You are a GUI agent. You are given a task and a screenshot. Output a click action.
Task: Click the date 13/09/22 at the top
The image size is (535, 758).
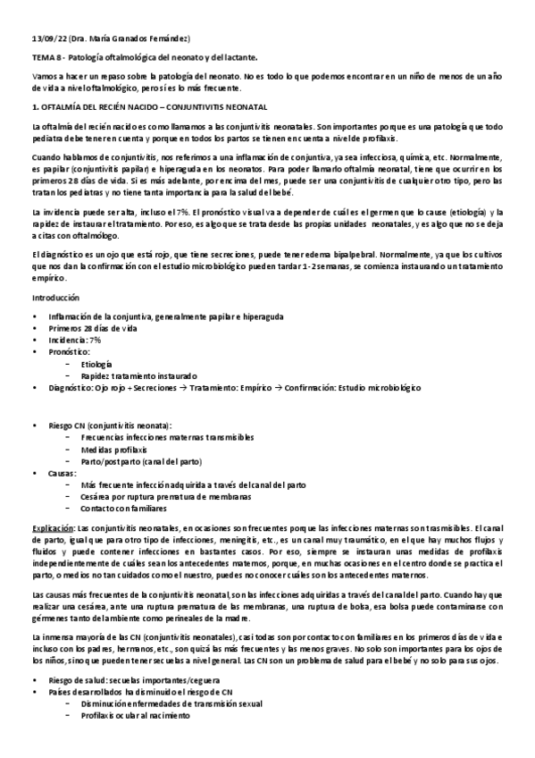[47, 37]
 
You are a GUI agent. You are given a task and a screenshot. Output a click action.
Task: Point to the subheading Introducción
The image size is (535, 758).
[55, 297]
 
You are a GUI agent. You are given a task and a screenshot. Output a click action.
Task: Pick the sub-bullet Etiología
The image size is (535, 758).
[96, 365]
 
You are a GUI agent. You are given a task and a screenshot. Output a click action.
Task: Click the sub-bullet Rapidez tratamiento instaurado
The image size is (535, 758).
[138, 376]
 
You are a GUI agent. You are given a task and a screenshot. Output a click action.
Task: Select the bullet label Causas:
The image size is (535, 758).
[63, 472]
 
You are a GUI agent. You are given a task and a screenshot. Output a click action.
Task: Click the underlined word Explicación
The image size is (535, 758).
[52, 529]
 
